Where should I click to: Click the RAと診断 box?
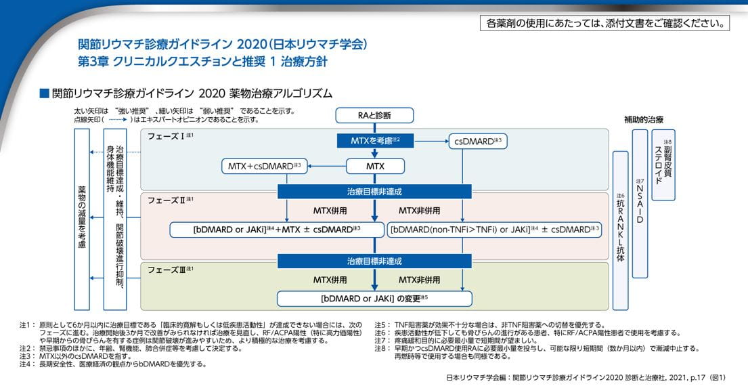[x=374, y=115]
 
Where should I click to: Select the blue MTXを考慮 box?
[x=374, y=141]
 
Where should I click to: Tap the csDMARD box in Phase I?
[x=478, y=141]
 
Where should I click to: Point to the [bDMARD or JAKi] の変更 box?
[x=374, y=298]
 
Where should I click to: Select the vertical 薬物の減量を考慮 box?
[x=83, y=219]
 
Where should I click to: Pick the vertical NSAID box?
[x=640, y=203]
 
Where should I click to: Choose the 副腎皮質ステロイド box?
[x=663, y=165]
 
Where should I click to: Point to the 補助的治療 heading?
[x=643, y=120]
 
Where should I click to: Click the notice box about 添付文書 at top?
[x=604, y=23]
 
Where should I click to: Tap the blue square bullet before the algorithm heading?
[x=45, y=92]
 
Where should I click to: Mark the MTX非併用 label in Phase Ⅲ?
[x=419, y=279]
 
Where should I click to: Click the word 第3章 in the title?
[x=92, y=61]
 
